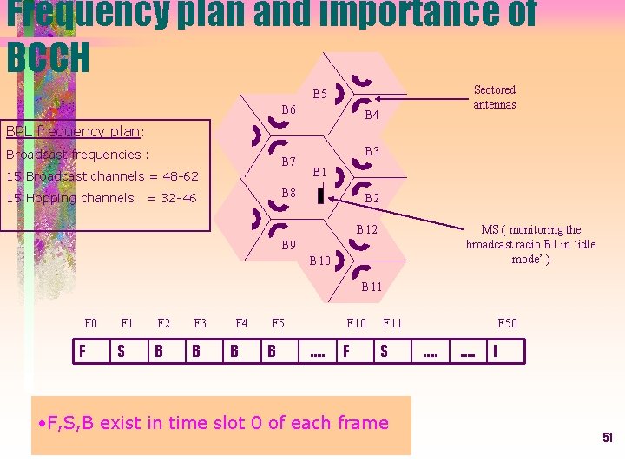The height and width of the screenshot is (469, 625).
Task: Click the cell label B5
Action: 319,94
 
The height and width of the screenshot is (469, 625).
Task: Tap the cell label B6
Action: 289,110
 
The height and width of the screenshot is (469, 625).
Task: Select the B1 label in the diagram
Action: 319,172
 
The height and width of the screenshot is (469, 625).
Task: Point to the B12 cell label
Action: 367,229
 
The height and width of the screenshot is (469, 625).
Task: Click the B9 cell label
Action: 289,246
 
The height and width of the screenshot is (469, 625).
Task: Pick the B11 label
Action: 372,286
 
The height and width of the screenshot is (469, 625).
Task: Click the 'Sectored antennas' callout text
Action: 495,96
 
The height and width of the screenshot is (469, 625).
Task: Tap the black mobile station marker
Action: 320,195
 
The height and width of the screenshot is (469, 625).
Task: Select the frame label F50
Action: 507,324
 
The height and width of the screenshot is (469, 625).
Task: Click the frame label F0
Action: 91,324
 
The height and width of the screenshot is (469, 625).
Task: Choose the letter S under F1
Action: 121,352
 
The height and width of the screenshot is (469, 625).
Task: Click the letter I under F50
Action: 495,352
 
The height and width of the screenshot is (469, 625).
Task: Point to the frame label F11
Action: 392,324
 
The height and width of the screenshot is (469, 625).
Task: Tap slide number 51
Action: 608,438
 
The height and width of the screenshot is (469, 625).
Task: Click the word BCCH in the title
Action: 48,57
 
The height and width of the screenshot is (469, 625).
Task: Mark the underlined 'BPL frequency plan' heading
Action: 73,132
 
